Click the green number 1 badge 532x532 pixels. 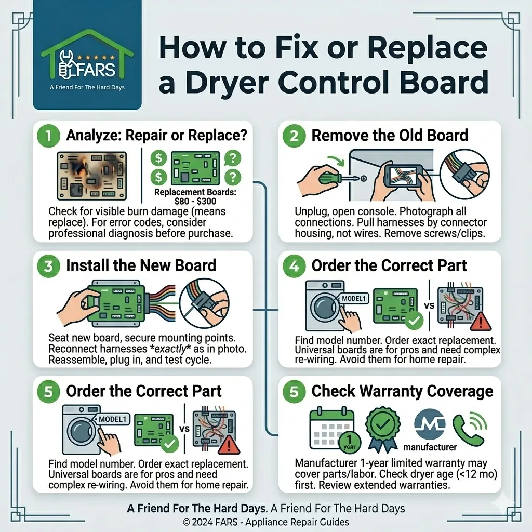48,136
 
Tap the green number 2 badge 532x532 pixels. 294,136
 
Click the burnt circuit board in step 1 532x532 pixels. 91,176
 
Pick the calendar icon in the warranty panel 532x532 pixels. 332,429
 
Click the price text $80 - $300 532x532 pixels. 195,201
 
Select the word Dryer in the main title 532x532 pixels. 227,83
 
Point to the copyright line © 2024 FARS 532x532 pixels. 265,522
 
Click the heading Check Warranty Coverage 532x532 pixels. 402,391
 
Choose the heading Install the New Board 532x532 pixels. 141,265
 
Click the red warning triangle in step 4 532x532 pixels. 481,321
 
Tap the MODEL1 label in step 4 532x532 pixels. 353,299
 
